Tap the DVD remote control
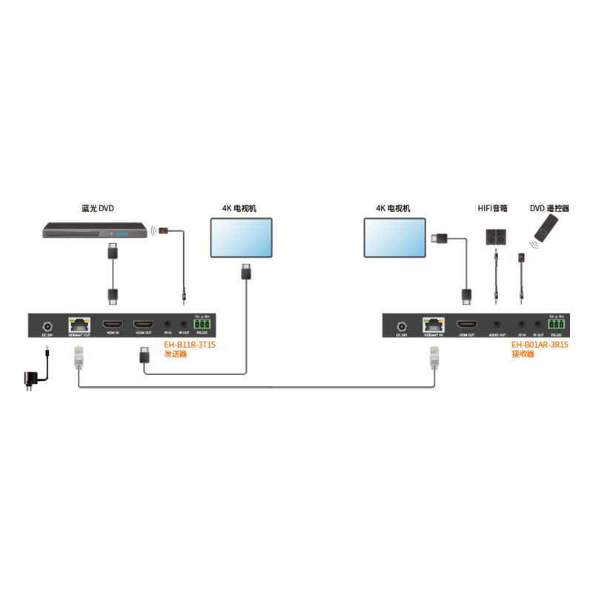click(546, 231)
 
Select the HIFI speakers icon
click(496, 236)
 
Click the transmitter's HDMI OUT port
click(144, 325)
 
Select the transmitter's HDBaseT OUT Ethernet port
click(79, 324)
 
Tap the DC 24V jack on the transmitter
click(47, 325)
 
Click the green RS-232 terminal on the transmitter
click(202, 325)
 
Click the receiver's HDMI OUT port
click(467, 325)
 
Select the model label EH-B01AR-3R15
click(540, 345)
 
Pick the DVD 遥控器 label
click(549, 209)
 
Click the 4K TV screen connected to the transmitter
click(242, 238)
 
